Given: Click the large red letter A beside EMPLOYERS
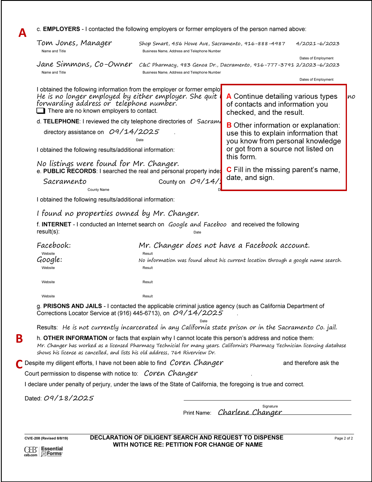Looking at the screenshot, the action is tap(22, 33).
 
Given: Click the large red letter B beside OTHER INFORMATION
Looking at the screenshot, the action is tap(19, 339).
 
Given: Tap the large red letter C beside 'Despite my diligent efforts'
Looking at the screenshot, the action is tap(19, 364).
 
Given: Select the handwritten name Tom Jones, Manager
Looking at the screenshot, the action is tap(74, 43).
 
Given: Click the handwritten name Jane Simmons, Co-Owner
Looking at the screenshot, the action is tap(84, 64).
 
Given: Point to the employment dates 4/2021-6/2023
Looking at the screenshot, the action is tap(317, 44).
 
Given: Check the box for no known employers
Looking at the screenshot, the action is tap(41, 111).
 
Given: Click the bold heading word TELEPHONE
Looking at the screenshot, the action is tap(61, 122).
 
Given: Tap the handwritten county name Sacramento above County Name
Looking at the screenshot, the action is tap(65, 181).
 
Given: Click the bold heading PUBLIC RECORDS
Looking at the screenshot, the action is tap(70, 171).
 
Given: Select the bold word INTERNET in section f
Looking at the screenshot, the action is tap(56, 224).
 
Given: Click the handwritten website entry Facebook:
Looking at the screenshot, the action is tap(54, 245).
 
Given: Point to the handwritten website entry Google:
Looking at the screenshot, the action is tap(49, 260).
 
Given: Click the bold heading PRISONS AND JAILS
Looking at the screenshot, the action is tap(73, 306).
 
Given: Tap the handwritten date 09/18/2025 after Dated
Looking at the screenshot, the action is tap(69, 398).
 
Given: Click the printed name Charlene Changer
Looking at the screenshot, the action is tap(250, 412).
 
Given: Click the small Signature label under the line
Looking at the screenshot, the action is tap(270, 406).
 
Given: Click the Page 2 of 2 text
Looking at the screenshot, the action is tap(343, 438).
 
